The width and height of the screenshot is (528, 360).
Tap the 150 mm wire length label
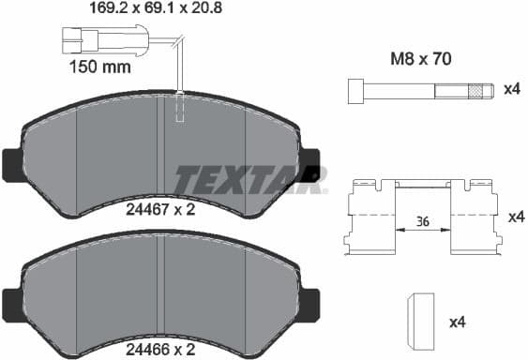pyautogui.click(x=100, y=67)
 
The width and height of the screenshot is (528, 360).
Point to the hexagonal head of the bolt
pyautogui.click(x=355, y=90)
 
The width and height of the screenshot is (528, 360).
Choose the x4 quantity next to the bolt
pyautogui.click(x=511, y=89)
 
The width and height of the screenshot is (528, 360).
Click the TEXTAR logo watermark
pyautogui.click(x=250, y=177)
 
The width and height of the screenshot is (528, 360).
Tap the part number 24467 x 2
pyautogui.click(x=160, y=210)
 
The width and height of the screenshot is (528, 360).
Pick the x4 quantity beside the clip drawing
pyautogui.click(x=515, y=217)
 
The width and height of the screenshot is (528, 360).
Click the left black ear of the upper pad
pyautogui.click(x=11, y=166)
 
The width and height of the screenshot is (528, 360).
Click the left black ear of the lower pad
pyautogui.click(x=11, y=302)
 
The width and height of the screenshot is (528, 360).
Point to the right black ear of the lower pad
pyautogui.click(x=311, y=302)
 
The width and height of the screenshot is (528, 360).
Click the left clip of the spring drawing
pyautogui.click(x=370, y=218)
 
